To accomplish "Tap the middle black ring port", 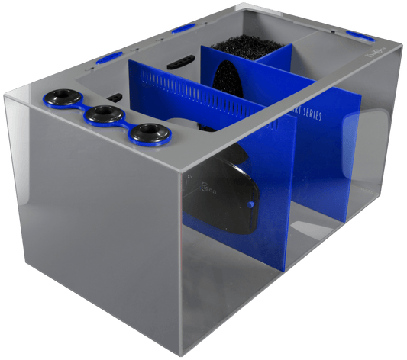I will point(102,115).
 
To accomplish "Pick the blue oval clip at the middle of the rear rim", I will point(183,30).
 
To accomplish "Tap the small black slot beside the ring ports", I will point(116,97).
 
